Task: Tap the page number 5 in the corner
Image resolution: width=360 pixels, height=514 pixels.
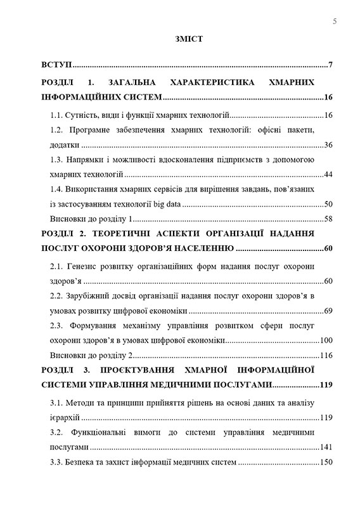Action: point(334,22)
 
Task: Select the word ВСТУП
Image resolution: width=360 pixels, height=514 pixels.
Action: point(56,65)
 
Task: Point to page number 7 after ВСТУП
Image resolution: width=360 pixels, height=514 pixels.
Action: point(331,65)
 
